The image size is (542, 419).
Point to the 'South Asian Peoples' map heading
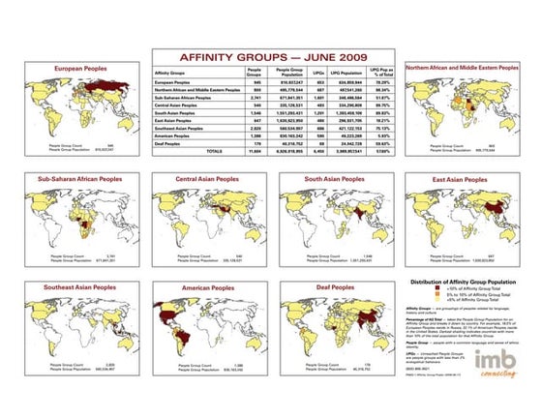(x=334, y=180)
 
